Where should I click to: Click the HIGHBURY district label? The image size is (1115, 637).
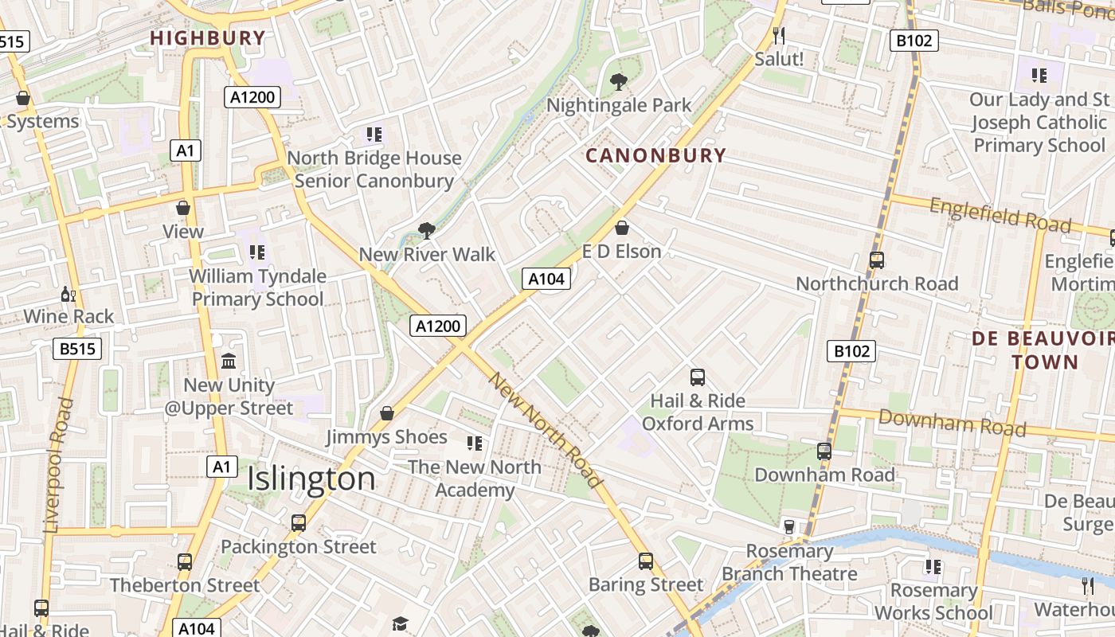pos(207,37)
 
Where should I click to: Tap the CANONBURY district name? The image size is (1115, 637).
pos(656,155)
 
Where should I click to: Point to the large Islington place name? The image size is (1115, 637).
pos(311,479)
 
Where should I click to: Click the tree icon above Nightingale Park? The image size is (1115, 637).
pos(618,81)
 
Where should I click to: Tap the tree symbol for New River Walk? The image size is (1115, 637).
pos(427,231)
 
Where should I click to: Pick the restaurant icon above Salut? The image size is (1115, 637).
pos(779,36)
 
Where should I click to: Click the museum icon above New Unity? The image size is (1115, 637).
pos(229,361)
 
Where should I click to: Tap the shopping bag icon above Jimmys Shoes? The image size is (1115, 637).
pos(386,413)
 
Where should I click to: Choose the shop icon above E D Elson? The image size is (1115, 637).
pos(622,229)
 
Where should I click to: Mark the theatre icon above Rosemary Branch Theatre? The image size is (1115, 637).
pos(789,526)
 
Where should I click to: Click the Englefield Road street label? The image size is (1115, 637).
pos(1000,214)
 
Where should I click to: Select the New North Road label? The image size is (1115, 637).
pos(545,430)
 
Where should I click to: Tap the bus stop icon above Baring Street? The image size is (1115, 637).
pos(646,561)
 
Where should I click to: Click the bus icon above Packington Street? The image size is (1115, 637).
pos(299,523)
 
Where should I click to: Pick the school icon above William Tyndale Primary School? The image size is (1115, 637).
pos(256,252)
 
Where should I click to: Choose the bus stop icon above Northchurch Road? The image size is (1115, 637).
pos(877,260)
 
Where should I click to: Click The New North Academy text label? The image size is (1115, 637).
pos(475,478)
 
